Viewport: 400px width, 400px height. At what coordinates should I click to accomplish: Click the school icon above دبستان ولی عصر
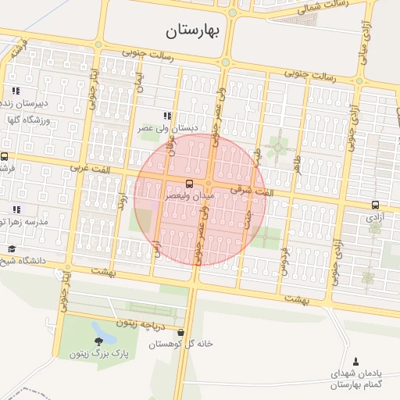(x=166, y=115)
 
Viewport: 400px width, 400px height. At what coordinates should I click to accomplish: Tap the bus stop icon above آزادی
(x=376, y=205)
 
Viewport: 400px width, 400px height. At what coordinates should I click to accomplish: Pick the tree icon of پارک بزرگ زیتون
(x=99, y=342)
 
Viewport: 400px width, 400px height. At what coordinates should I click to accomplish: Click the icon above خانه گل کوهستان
(x=181, y=332)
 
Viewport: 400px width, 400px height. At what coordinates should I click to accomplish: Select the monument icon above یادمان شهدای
(x=357, y=361)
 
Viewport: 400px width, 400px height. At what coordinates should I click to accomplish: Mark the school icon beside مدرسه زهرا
(x=16, y=209)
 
